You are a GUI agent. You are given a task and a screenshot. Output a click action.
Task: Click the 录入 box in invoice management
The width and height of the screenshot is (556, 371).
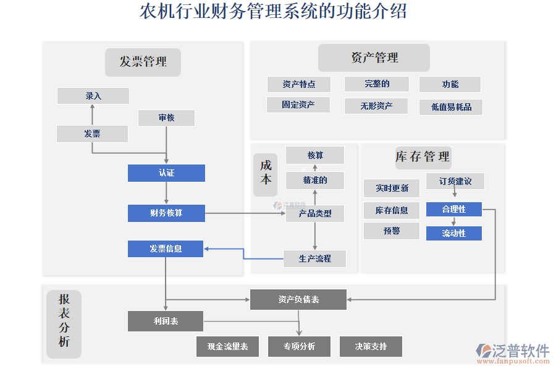tap(93, 96)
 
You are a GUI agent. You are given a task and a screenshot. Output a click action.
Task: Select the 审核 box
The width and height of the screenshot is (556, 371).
tap(166, 117)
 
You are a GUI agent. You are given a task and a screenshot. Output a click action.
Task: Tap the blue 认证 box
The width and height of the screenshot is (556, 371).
tap(166, 173)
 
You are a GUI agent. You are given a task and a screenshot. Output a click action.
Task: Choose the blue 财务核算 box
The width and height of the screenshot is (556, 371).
tap(166, 213)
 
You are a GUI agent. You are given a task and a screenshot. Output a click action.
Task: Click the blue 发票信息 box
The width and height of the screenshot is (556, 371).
tap(166, 249)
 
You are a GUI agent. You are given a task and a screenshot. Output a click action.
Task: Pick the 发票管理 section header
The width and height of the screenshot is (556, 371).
tap(143, 62)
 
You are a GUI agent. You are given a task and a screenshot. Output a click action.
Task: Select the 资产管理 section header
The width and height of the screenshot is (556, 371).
tap(374, 58)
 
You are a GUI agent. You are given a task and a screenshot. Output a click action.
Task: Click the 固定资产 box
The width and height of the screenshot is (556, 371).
tap(298, 105)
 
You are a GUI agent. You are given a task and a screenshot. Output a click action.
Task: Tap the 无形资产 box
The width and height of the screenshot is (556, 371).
tap(376, 106)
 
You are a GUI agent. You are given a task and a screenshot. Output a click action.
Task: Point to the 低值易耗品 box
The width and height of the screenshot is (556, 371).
tap(451, 107)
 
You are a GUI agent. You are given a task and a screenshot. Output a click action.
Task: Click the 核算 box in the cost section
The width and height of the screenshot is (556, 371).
tap(315, 155)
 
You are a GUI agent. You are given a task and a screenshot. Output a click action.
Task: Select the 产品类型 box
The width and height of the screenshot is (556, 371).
tap(315, 213)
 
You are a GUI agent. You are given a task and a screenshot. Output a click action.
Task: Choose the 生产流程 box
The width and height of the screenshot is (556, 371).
tap(315, 258)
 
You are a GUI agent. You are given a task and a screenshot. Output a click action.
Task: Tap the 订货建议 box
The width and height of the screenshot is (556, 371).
tap(455, 181)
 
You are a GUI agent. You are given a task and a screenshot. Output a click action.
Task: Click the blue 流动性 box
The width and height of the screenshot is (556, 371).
tap(454, 233)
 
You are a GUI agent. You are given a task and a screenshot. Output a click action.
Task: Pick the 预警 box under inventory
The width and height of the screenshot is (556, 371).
tap(392, 231)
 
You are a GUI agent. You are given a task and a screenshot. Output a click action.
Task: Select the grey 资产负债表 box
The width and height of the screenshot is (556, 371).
tap(298, 299)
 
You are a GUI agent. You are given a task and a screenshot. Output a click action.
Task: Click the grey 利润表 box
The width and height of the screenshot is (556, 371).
tap(166, 321)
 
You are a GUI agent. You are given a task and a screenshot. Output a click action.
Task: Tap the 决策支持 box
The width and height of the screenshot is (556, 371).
tap(371, 346)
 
